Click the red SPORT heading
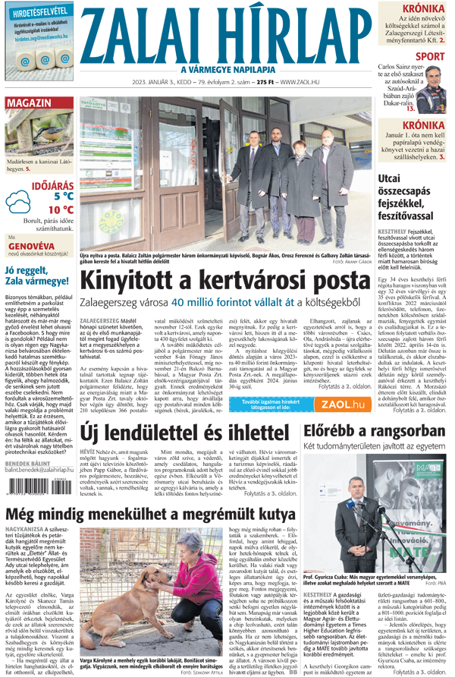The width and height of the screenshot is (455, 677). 430,56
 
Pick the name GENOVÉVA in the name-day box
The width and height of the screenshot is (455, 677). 31,246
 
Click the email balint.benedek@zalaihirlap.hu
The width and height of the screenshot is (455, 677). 39,470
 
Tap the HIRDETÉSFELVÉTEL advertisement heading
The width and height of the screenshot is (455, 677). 36,12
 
